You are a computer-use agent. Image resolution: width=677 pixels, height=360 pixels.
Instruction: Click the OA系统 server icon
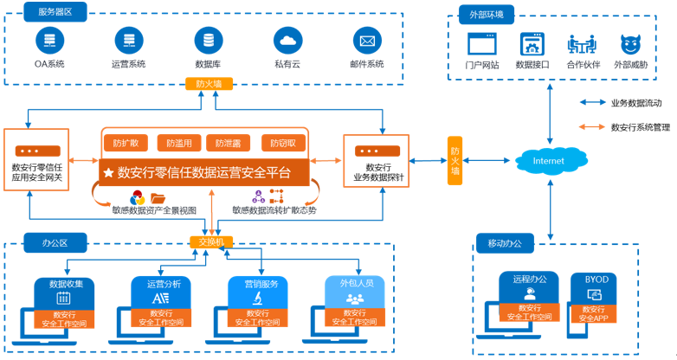[x=49, y=41]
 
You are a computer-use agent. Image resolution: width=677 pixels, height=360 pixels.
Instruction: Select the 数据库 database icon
[x=209, y=41]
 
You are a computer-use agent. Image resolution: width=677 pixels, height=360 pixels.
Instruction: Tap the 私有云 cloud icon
[x=288, y=41]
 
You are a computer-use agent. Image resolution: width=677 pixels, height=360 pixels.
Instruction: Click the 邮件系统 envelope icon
[x=367, y=41]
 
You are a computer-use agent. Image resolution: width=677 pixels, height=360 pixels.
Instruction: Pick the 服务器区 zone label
[x=55, y=11]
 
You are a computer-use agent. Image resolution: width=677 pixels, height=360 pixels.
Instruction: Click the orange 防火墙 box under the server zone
[x=209, y=84]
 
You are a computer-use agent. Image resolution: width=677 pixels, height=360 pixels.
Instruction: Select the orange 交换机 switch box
[x=211, y=242]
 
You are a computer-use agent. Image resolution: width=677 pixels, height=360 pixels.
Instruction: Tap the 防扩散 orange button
[x=126, y=143]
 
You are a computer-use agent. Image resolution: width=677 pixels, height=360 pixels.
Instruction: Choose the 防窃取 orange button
[x=283, y=143]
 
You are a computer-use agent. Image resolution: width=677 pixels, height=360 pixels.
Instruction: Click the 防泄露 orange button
[x=228, y=143]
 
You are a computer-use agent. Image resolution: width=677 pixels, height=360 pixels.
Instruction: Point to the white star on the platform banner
[x=108, y=173]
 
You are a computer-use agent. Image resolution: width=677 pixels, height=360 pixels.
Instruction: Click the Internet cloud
[x=551, y=161]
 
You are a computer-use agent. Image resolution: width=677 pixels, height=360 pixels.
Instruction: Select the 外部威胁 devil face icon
[x=631, y=44]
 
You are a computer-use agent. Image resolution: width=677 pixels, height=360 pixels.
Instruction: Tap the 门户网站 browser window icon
[x=482, y=44]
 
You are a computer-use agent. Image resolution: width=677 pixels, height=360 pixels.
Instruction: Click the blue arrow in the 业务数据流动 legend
[x=592, y=102]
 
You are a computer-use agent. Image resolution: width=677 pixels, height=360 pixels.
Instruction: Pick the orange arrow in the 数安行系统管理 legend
[x=592, y=127]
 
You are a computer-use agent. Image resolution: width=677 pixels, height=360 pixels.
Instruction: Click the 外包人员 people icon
[x=355, y=299]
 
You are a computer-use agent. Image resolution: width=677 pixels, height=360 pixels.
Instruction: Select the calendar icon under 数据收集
[x=63, y=299]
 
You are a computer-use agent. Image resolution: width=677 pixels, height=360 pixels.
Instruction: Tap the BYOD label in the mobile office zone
[x=596, y=280]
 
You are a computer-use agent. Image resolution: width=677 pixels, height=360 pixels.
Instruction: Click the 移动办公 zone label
[x=506, y=243]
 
